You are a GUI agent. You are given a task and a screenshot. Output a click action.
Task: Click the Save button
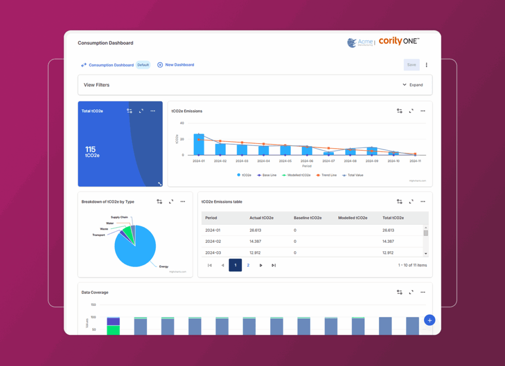pos(411,65)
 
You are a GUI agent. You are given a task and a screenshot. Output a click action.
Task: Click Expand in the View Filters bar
pos(413,85)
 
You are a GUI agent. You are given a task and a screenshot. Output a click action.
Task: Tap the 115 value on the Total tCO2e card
pos(90,149)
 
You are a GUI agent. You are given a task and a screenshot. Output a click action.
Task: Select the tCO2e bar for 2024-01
pos(199,144)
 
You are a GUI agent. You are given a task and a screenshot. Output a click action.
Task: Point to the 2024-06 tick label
pos(307,161)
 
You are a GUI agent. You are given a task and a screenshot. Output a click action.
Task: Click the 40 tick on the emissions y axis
pos(181,123)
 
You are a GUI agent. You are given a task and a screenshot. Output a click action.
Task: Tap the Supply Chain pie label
pos(119,217)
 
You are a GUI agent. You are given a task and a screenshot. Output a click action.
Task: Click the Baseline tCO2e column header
pos(308,218)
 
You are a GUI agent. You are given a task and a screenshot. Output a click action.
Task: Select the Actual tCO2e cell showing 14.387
pos(259,241)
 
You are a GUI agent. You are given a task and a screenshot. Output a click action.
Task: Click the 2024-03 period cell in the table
pos(213,253)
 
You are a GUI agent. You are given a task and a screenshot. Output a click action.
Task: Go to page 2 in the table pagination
pos(248,265)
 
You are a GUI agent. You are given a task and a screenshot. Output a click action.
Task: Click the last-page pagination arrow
pos(274,265)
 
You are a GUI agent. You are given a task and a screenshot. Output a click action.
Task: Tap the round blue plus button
pos(430,320)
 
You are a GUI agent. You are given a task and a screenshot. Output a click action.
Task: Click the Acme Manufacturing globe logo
pos(352,43)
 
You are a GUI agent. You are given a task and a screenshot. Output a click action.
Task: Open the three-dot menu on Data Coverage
pos(423,292)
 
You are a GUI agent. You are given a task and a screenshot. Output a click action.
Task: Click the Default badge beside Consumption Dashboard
pos(143,65)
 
